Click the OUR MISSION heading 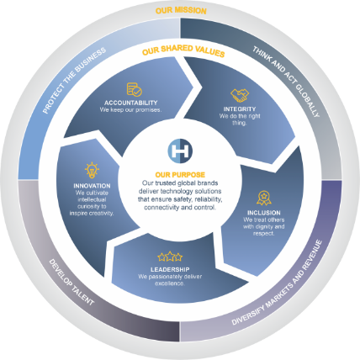(x=181, y=10)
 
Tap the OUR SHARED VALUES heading (x=183, y=50)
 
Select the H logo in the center (x=180, y=151)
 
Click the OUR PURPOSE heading (x=180, y=175)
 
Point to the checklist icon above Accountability (x=135, y=89)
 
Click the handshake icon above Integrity (x=240, y=95)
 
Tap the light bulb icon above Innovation (x=92, y=170)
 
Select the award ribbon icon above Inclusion (x=264, y=199)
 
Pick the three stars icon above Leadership (x=170, y=257)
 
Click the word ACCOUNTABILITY (x=131, y=103)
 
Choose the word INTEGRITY (x=240, y=109)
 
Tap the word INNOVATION (x=92, y=186)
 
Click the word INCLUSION (x=264, y=213)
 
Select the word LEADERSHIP (x=170, y=269)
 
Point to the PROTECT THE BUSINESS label (x=74, y=81)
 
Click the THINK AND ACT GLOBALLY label (x=286, y=82)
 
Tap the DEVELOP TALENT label (x=71, y=282)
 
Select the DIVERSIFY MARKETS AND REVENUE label (x=277, y=283)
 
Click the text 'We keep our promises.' (x=130, y=110)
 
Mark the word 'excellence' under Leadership (x=170, y=283)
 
